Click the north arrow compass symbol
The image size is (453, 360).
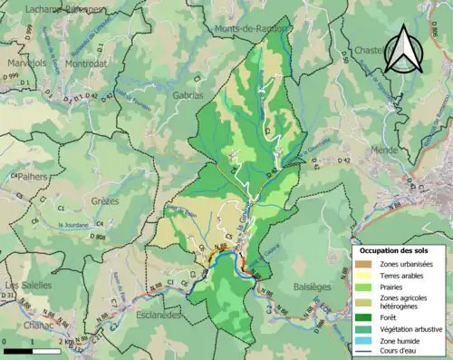point(403,50)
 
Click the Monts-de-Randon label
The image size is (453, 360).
point(250,29)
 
